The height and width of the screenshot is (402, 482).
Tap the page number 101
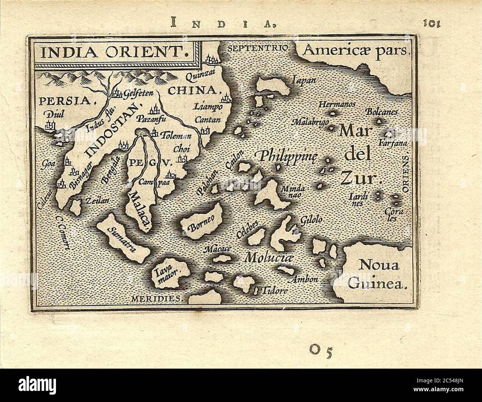tap(431, 23)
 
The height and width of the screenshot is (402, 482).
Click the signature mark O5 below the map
tap(320, 349)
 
